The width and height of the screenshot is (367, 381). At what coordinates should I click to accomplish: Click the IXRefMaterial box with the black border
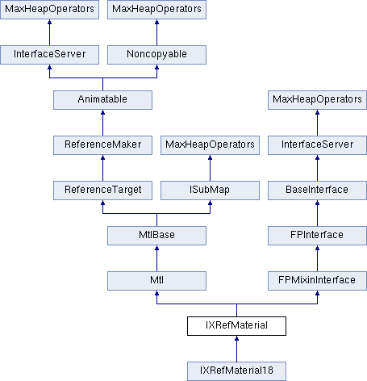coord(236,326)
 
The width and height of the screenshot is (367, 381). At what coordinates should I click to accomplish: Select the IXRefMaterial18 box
coord(236,371)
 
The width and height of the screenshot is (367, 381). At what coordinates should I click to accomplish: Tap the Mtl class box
coord(156,281)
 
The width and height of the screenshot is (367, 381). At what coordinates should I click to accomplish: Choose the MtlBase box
coord(156,236)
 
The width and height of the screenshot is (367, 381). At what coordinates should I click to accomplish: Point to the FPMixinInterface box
coord(317,281)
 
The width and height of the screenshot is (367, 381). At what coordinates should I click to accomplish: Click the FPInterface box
coord(317,236)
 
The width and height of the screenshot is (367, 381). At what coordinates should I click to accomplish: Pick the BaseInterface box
coord(317,190)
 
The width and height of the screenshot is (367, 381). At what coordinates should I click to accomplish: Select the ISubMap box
coord(210,190)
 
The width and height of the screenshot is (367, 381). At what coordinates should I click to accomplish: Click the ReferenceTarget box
coord(102,190)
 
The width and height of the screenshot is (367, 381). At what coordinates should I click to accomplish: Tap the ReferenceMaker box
coord(102,145)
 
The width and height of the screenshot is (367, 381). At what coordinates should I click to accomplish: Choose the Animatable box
coord(102,100)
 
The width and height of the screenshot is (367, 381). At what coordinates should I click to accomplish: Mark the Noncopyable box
coord(156,55)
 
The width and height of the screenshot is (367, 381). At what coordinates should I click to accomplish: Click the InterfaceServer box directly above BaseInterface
coord(317,145)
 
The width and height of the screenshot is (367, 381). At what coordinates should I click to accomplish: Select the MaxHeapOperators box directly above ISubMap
coord(210,145)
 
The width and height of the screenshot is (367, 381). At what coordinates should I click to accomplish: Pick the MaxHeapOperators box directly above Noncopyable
coord(156,10)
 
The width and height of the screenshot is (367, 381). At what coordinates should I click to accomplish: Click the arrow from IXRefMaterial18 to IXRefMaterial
coord(236,349)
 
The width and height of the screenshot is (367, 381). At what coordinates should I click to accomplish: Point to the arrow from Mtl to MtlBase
coord(156,258)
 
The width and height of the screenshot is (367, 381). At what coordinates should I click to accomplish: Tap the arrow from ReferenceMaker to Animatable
coord(102,123)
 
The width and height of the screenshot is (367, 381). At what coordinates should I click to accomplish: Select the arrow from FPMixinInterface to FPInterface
coord(317,258)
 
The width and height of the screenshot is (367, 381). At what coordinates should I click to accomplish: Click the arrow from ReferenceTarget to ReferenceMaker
coord(102,168)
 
